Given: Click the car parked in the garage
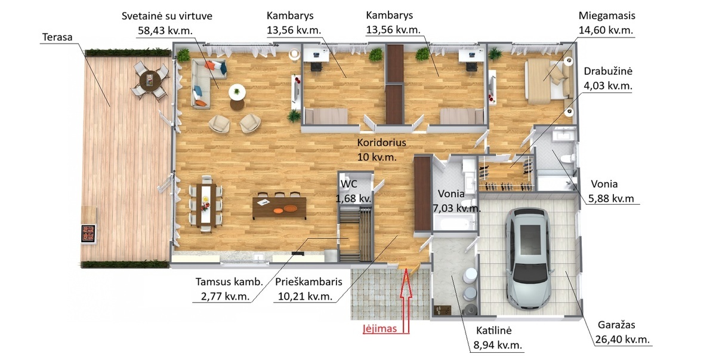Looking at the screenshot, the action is (x=529, y=259).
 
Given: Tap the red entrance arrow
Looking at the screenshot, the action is (x=406, y=301).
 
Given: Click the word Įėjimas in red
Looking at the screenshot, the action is (x=379, y=329).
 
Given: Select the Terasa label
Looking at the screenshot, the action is (x=57, y=37).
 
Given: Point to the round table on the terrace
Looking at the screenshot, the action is (x=150, y=81).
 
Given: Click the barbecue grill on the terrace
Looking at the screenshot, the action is (x=88, y=233).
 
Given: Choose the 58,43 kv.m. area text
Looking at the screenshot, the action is (x=165, y=30).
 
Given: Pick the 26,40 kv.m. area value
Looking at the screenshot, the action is (x=622, y=340).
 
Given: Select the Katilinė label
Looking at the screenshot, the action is (x=494, y=330).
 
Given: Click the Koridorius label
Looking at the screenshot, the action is (x=381, y=143).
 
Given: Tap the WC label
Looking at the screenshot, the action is (x=348, y=184).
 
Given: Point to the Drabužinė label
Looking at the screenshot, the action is (x=608, y=71).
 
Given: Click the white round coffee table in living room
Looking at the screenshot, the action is (x=237, y=93).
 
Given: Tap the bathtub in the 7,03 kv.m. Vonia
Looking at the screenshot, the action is (x=453, y=222).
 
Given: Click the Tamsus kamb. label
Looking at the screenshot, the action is (x=229, y=282).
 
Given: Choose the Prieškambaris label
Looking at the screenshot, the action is (x=308, y=282).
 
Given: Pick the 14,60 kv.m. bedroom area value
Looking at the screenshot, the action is (x=606, y=30).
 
